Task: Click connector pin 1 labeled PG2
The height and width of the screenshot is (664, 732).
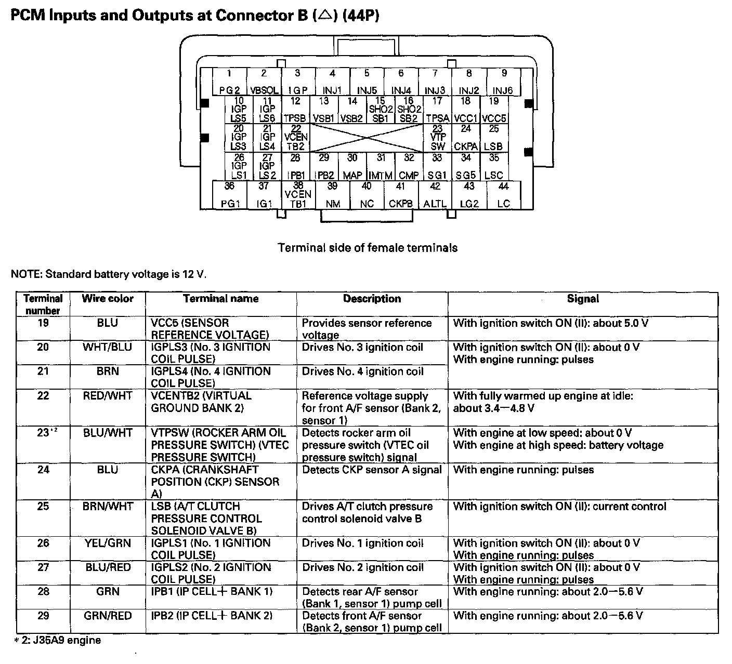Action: click(229, 82)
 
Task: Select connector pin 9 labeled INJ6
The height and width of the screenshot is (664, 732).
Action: click(503, 82)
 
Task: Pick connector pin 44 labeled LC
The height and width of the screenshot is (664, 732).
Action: click(503, 195)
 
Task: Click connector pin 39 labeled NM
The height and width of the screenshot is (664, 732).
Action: click(333, 195)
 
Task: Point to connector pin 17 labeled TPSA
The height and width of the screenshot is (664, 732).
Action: click(437, 110)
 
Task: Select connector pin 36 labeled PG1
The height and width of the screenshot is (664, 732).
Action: click(230, 195)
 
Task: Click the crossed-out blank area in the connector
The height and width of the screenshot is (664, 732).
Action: click(368, 138)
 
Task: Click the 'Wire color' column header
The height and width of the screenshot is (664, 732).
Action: click(108, 299)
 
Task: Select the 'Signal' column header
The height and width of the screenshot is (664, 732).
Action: click(583, 299)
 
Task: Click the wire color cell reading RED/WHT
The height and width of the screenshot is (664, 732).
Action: click(108, 396)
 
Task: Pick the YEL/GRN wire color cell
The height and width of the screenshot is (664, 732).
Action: click(108, 543)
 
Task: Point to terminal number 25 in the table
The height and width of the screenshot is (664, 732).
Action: click(43, 506)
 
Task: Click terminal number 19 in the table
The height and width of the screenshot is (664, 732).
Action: click(43, 323)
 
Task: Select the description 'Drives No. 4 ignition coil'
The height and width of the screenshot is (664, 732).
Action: click(363, 371)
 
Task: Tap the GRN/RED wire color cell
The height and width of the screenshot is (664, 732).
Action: click(108, 616)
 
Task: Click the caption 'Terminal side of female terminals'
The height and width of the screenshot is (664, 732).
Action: click(368, 248)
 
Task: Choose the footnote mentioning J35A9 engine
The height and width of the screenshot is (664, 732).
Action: click(57, 640)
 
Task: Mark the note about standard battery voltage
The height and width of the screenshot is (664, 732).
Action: click(109, 274)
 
